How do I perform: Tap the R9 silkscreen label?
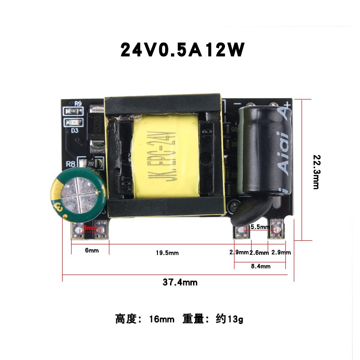click(x=78, y=103)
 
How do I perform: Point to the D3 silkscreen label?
click(x=75, y=131)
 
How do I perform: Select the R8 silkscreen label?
click(x=70, y=164)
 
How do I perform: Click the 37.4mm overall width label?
click(x=180, y=283)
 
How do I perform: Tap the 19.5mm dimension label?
click(x=167, y=253)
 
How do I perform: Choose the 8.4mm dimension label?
click(x=260, y=266)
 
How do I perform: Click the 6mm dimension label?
click(x=92, y=250)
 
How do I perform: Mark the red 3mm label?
click(x=90, y=229)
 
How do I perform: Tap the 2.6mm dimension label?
click(x=259, y=252)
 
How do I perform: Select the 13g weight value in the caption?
click(x=235, y=320)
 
